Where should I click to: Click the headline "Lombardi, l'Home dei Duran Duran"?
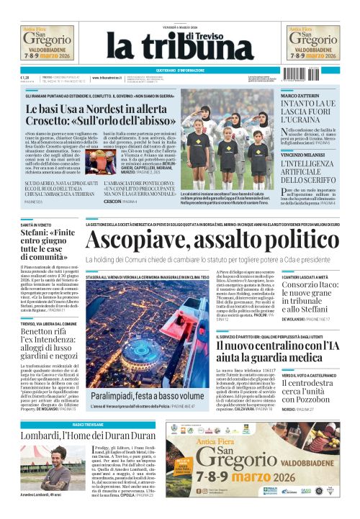[89, 435]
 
